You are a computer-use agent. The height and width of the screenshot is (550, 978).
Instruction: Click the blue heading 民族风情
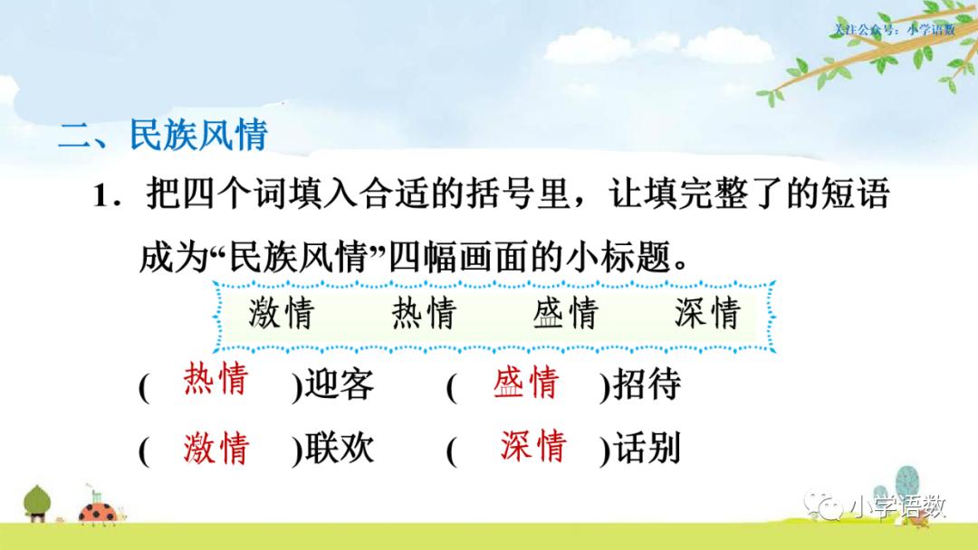tap(198, 136)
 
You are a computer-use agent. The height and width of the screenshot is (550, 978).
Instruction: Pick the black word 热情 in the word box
tap(424, 313)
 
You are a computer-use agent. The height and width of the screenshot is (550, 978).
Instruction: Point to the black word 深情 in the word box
tap(707, 313)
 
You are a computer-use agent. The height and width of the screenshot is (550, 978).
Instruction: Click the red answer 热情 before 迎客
tap(215, 380)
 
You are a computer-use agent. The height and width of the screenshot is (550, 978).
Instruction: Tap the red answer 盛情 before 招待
tap(525, 384)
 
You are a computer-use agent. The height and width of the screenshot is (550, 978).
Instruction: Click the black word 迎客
tap(339, 386)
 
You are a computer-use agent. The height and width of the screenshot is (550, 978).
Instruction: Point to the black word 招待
tap(647, 386)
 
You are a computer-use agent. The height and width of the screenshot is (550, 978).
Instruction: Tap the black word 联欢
tap(339, 450)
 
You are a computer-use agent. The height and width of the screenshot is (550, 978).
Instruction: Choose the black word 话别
tap(647, 450)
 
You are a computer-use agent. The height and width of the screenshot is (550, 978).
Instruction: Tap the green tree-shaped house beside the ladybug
tap(38, 502)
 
